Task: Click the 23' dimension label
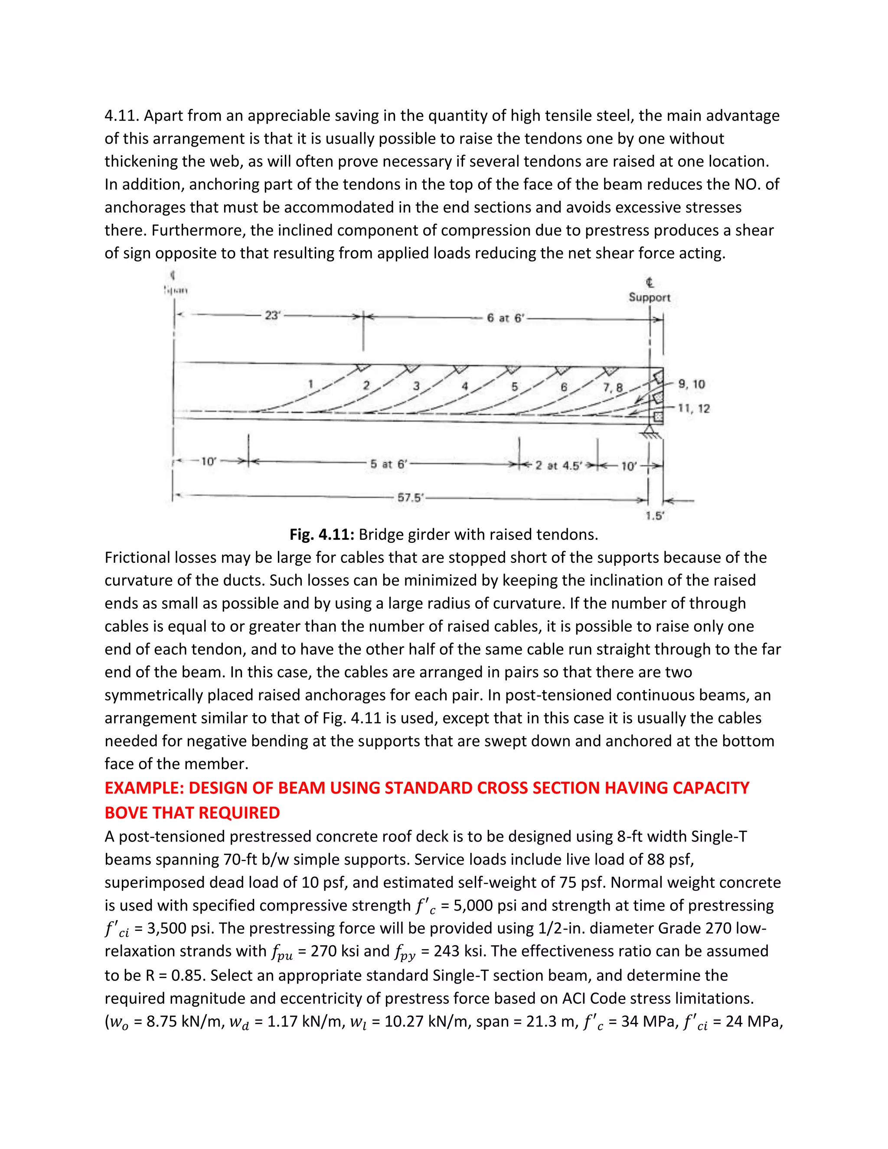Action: click(272, 316)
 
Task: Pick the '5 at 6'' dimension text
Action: click(388, 464)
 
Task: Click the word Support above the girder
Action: click(650, 297)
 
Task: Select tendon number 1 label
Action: click(311, 385)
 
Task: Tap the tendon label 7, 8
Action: click(612, 388)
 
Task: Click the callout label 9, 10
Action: click(692, 384)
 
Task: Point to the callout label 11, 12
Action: click(694, 408)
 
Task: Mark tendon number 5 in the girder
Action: click(515, 387)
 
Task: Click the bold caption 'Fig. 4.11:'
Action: click(322, 535)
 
